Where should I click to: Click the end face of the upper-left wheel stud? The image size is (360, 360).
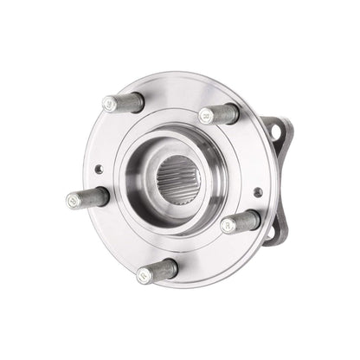point(110,103)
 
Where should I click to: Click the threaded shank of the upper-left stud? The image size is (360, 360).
point(128,104)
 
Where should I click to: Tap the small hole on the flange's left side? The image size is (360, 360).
point(99,170)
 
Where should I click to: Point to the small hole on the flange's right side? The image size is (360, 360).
point(257,192)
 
